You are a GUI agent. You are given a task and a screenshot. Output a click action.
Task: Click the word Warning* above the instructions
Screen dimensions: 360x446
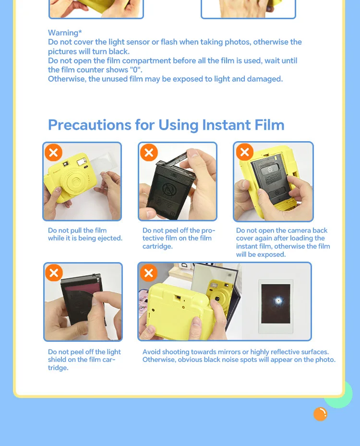[65, 33]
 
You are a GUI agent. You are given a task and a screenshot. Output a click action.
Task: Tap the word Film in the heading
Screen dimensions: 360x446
[269, 125]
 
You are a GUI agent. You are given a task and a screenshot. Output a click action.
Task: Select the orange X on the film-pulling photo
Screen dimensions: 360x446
[53, 153]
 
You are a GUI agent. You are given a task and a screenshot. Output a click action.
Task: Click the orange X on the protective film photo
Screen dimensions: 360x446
[149, 153]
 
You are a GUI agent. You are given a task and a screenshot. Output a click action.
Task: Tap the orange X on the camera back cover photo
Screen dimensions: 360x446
[244, 152]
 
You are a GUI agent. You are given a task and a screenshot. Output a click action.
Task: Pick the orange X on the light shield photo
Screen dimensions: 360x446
[54, 273]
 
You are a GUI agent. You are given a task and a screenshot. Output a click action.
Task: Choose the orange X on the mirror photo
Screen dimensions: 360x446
[149, 273]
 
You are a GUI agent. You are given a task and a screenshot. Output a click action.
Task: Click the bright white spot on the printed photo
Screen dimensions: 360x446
[278, 301]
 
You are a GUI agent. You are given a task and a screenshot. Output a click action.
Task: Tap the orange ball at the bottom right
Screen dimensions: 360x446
[321, 414]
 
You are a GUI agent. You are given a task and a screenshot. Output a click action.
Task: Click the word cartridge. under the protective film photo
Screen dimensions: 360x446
[157, 246]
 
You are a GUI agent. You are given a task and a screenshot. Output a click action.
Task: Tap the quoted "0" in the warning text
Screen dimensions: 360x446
[136, 70]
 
